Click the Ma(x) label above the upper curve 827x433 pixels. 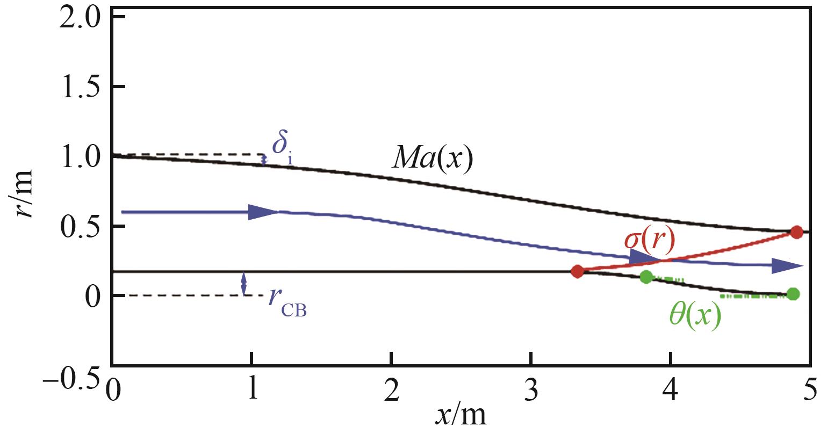click(x=433, y=159)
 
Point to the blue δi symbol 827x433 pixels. click(x=279, y=147)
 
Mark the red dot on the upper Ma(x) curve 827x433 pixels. click(x=796, y=232)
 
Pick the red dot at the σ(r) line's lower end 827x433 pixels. click(x=577, y=271)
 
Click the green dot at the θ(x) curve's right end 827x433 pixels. click(x=793, y=294)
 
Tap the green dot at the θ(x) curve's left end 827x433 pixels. click(x=646, y=277)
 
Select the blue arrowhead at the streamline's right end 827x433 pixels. click(x=787, y=265)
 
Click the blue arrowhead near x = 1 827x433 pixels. click(x=263, y=212)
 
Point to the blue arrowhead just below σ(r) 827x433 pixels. click(x=643, y=257)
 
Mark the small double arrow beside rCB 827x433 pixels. click(x=244, y=284)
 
